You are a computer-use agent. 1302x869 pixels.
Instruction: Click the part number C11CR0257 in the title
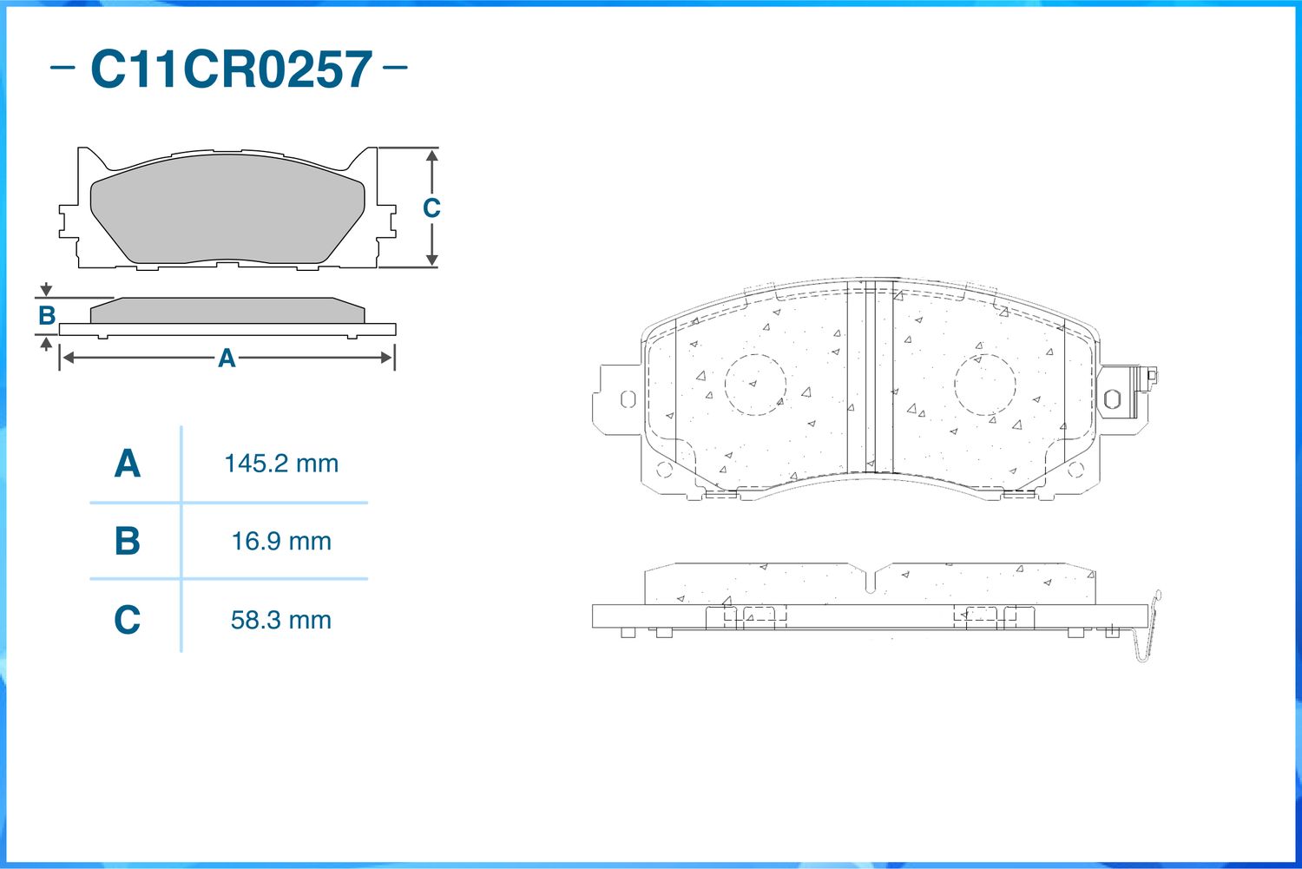(232, 69)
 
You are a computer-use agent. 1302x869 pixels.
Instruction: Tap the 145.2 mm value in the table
(281, 464)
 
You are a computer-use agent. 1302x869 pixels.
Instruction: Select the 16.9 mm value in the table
(281, 542)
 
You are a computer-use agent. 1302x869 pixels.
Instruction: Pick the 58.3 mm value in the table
(281, 620)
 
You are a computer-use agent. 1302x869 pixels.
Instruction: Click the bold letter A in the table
(128, 464)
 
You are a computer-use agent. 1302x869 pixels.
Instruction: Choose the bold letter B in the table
(128, 541)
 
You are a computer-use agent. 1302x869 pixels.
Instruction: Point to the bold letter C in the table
(128, 620)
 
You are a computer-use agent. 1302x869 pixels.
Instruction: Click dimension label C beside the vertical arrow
(431, 208)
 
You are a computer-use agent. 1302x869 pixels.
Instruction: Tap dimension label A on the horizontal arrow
(227, 358)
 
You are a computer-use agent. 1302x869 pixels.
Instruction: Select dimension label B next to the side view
(47, 316)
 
